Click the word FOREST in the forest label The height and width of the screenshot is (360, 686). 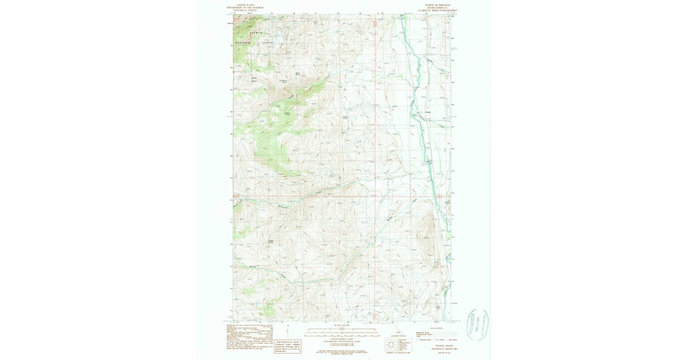[x=268, y=43]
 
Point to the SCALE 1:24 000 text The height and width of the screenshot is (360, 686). [x=342, y=325]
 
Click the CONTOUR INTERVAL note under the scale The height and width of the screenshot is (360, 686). [x=342, y=339]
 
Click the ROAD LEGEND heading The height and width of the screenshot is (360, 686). [x=436, y=328]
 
